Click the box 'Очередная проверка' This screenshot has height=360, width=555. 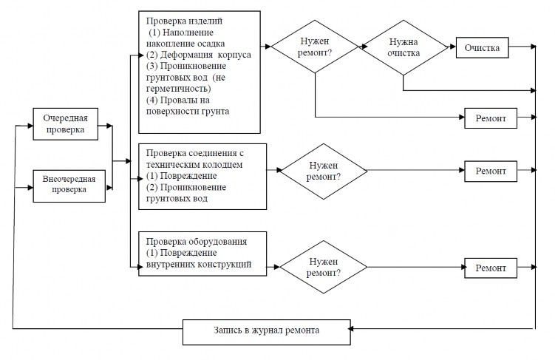pos(66,124)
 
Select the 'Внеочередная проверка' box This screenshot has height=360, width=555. pos(69,186)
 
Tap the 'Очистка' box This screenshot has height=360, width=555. pos(482,47)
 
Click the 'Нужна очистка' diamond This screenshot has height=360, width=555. pos(404,47)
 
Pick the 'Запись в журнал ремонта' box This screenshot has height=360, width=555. pos(267,332)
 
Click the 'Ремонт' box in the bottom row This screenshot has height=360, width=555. pos(491,268)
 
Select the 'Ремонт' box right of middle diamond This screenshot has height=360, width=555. pos(491,171)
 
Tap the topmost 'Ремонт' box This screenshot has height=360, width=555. pos(491,118)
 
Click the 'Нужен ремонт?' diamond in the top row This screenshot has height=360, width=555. pos(315,47)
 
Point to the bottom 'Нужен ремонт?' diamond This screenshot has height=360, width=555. pos(324,267)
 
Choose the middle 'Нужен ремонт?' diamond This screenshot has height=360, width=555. pos(324,171)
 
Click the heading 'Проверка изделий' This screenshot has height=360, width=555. pos(184,21)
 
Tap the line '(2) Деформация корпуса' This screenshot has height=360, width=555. pos(199,55)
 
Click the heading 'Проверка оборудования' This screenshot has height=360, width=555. pos(197,242)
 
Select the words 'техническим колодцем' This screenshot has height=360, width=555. pos(194,165)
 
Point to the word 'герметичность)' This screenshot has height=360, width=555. pos(178,89)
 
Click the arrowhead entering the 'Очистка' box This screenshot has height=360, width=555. pos(453,47)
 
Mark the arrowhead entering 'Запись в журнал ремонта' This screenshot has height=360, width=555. pos(351,329)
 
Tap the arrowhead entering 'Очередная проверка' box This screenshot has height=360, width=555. pos(30,126)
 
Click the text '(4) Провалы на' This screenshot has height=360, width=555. pos(177,101)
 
